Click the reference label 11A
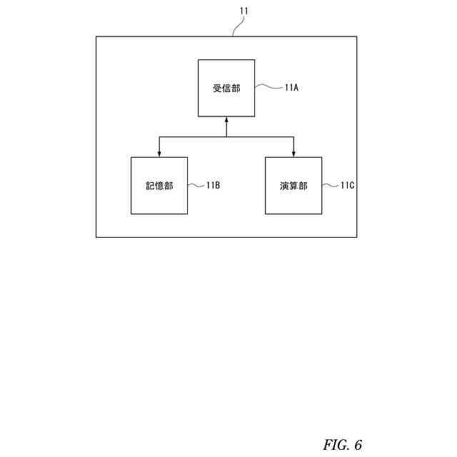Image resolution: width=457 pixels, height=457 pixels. coord(291,88)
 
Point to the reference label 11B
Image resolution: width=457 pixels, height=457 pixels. coord(213,186)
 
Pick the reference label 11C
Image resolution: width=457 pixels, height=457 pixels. coord(347,186)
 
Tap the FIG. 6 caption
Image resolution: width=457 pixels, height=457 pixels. coord(343,445)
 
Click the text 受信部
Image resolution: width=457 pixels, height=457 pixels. coord(226,89)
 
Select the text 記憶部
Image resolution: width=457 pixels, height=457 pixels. coord(159,186)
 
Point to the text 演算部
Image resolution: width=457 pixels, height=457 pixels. coord(293,186)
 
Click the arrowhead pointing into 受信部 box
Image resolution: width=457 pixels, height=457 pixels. coord(226,120)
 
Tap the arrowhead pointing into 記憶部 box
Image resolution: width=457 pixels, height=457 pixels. coord(159,154)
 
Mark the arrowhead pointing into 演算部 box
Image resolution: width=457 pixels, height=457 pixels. coord(293,154)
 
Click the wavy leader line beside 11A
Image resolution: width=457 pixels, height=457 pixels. coord(268,87)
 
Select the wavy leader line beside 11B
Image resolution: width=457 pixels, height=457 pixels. coord(196,185)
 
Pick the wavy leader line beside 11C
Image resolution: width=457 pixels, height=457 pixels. coord(330,185)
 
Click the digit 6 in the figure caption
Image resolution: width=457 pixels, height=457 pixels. coord(358,445)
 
